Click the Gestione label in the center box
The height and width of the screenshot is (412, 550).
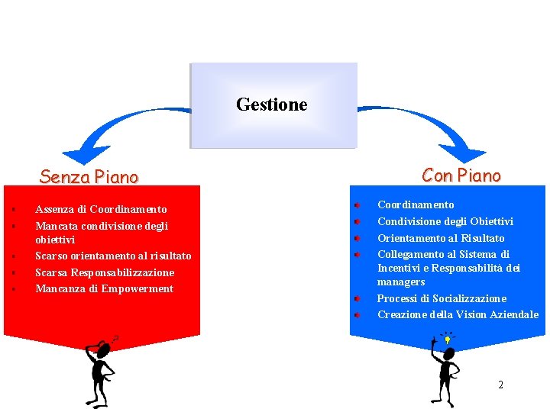click(272, 105)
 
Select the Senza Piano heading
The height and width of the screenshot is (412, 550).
click(89, 177)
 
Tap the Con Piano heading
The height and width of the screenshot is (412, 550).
click(461, 175)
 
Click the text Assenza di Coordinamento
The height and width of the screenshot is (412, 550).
click(101, 209)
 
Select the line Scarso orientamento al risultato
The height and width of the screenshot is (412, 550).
click(113, 256)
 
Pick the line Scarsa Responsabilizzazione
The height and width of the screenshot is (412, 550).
click(105, 272)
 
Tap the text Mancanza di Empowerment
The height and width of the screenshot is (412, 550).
click(104, 288)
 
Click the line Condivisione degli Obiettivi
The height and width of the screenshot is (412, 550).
click(445, 221)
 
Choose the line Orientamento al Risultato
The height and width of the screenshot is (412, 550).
click(441, 238)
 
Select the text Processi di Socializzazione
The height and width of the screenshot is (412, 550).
click(442, 298)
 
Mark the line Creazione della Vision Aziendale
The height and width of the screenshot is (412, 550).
click(458, 314)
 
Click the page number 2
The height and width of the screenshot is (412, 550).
click(500, 385)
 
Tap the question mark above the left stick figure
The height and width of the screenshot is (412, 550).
click(115, 337)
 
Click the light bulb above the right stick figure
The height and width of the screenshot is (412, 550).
click(447, 339)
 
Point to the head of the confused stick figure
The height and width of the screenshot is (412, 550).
click(104, 349)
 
